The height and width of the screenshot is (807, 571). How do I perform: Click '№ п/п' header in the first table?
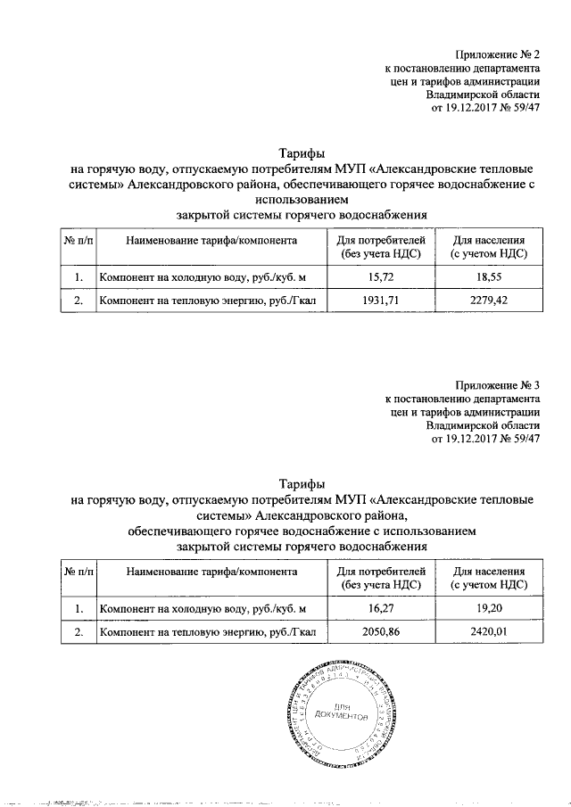79,241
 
